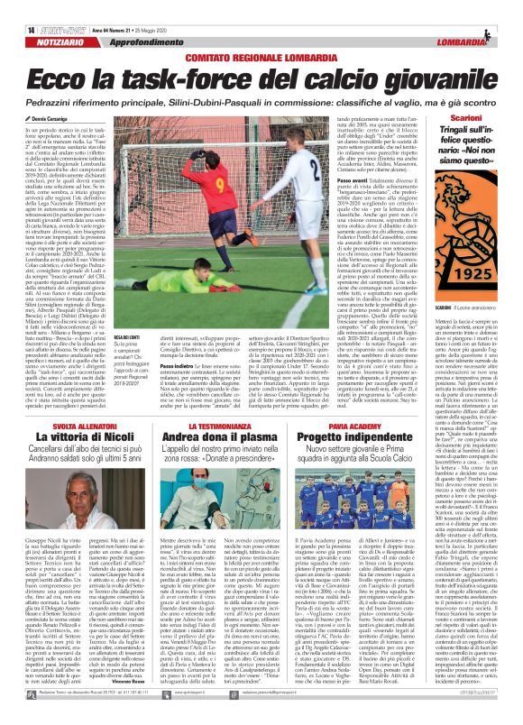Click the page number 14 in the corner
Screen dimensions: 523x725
(x=7, y=5)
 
